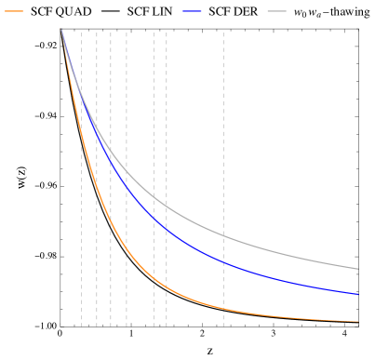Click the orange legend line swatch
(14, 11)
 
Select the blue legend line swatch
(193, 11)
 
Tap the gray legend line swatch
(276, 11)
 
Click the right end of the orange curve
(358, 321)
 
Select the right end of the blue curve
(358, 294)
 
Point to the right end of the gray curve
(358, 269)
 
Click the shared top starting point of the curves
(61, 30)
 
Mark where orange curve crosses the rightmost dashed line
(223, 308)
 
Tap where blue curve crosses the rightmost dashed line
(223, 262)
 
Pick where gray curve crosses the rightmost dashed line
(223, 236)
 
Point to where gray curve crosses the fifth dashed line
(154, 193)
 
